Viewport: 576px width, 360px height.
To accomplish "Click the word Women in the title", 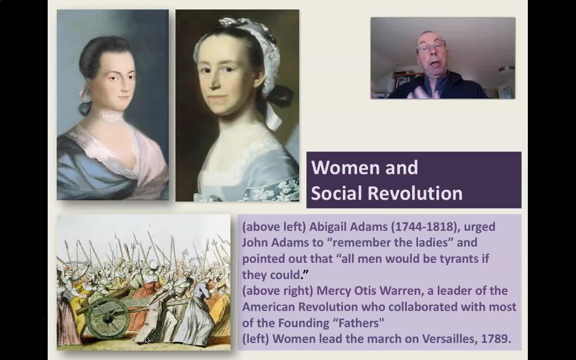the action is (x=345, y=168).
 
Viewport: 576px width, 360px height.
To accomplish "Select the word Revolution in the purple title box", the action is (x=415, y=193).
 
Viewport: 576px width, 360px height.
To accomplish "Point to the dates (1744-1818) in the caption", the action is (x=426, y=227).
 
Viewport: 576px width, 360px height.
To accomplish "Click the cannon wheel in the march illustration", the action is (x=108, y=318).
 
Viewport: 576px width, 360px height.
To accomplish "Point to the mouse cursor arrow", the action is (x=148, y=340).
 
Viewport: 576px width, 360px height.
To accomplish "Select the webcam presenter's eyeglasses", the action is (x=432, y=47).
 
